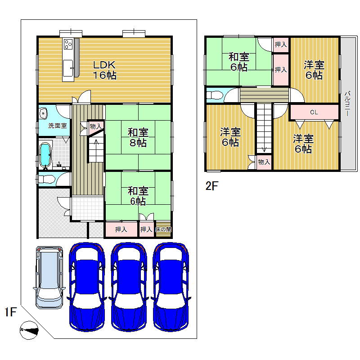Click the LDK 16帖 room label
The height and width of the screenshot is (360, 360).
point(104,70)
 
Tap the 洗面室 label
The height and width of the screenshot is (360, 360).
point(58,126)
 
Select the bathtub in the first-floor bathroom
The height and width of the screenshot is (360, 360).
point(45,155)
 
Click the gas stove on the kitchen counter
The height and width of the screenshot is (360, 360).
point(68,44)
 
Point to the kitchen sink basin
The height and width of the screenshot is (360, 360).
point(68,68)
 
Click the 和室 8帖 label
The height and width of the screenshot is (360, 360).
point(138,138)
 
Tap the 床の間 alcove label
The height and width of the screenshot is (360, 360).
point(163,229)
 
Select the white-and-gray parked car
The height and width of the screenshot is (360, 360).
point(49,277)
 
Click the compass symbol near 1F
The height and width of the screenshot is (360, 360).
point(29,330)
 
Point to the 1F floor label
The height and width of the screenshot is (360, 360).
point(10,312)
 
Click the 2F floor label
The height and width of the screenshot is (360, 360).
point(211,186)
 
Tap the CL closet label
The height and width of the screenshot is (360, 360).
point(314,112)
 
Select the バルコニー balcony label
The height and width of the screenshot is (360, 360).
point(347,103)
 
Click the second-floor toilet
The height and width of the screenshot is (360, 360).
point(215,95)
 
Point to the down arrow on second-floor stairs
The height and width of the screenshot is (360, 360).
point(264,149)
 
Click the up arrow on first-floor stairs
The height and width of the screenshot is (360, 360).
point(96,142)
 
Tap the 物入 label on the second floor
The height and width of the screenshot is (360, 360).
point(264,162)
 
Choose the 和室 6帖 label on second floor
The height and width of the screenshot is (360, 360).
point(239,62)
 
